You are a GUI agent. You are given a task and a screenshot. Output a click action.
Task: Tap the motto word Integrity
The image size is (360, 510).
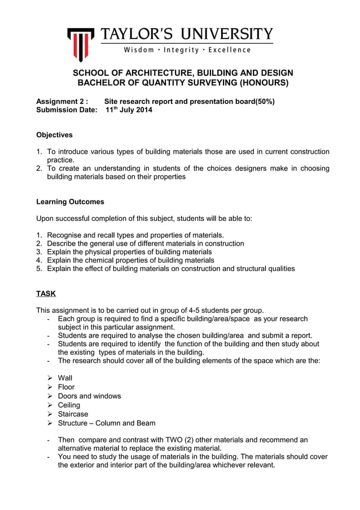(189, 50)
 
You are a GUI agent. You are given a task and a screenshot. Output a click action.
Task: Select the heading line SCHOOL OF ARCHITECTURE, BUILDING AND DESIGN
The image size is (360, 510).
(182, 73)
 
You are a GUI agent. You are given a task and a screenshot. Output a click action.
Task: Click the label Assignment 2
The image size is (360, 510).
(62, 101)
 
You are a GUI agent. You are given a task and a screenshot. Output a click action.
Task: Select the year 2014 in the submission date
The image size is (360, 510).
(142, 110)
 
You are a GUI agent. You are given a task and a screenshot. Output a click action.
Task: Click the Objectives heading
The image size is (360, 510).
(54, 135)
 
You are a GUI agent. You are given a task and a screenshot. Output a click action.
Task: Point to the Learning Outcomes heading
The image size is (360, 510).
(70, 202)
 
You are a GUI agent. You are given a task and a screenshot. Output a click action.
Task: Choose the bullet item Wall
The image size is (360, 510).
(65, 378)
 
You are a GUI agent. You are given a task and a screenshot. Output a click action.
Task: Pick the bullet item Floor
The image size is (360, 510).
(66, 387)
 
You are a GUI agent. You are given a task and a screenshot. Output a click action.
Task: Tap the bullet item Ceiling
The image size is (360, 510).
(69, 405)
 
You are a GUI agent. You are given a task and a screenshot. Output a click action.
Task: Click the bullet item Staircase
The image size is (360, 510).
(73, 414)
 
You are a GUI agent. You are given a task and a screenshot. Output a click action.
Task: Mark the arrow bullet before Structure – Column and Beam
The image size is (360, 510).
(50, 423)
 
